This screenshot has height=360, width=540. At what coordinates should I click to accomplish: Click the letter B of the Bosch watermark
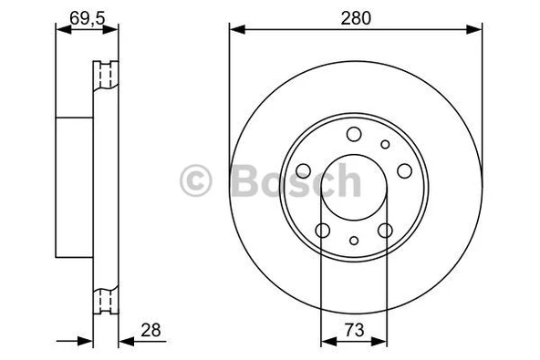241,180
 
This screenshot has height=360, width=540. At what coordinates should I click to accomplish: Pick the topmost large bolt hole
353,134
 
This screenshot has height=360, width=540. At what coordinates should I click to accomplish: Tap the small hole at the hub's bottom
353,242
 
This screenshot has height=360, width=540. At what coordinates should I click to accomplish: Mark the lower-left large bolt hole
321,230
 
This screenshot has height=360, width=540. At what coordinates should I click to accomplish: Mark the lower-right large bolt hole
385,230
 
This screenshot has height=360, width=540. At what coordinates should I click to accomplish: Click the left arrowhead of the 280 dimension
234,29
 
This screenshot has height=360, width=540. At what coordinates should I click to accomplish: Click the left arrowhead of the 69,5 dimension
60,29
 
